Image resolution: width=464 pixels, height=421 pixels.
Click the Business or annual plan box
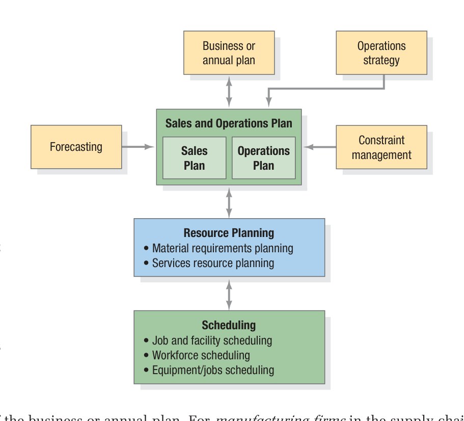[x=229, y=53]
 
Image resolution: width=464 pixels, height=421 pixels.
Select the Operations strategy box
[x=381, y=53]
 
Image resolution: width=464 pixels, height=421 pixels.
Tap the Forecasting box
[x=76, y=147]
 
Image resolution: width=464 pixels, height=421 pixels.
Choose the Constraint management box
[x=381, y=147]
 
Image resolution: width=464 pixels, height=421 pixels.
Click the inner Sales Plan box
[x=194, y=158]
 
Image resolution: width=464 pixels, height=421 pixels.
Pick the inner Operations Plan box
[x=263, y=158]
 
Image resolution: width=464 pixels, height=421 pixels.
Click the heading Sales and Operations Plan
[x=229, y=123]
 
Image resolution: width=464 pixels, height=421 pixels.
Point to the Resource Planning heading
[x=229, y=233]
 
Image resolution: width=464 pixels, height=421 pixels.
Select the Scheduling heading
[x=229, y=325]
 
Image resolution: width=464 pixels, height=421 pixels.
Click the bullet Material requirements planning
[x=222, y=248]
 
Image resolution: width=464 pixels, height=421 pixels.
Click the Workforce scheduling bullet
[x=201, y=355]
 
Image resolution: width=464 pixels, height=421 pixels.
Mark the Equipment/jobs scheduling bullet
[x=212, y=370]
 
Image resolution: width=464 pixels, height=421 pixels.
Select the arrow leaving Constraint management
[x=319, y=147]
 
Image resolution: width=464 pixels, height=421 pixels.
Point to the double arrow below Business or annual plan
[x=229, y=92]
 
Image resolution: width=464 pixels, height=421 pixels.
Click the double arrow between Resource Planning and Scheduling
[x=229, y=294]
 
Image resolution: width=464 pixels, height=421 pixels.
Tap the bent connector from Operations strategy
[x=326, y=89]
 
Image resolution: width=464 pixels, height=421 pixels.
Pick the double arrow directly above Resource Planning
[x=229, y=202]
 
